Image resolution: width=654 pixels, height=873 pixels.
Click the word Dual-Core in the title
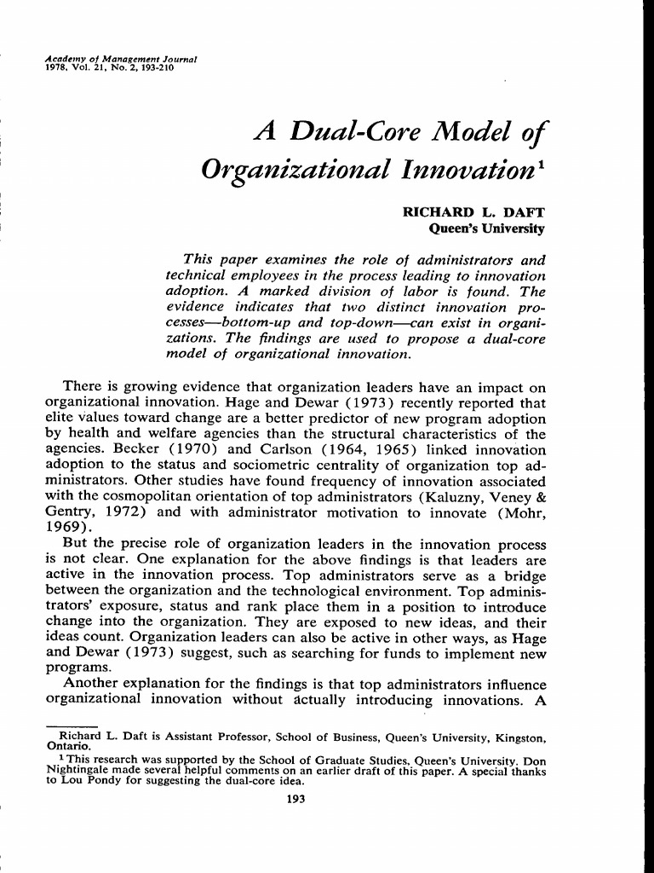click(x=363, y=132)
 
